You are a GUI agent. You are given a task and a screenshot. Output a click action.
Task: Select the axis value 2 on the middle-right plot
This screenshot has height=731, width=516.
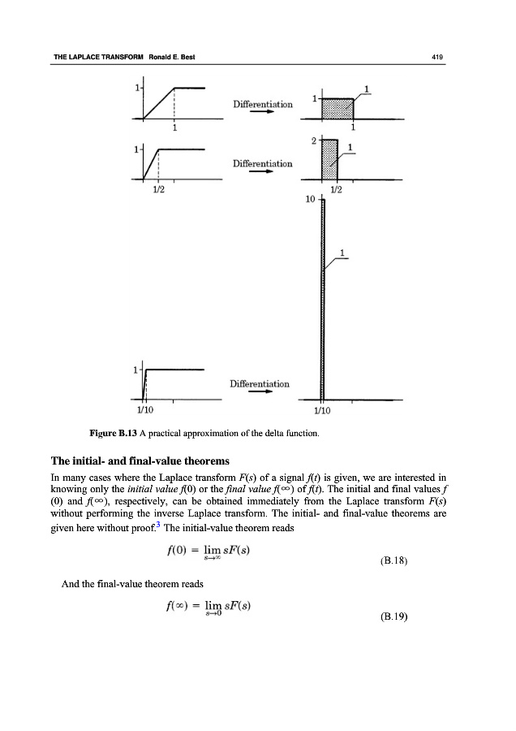312,141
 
